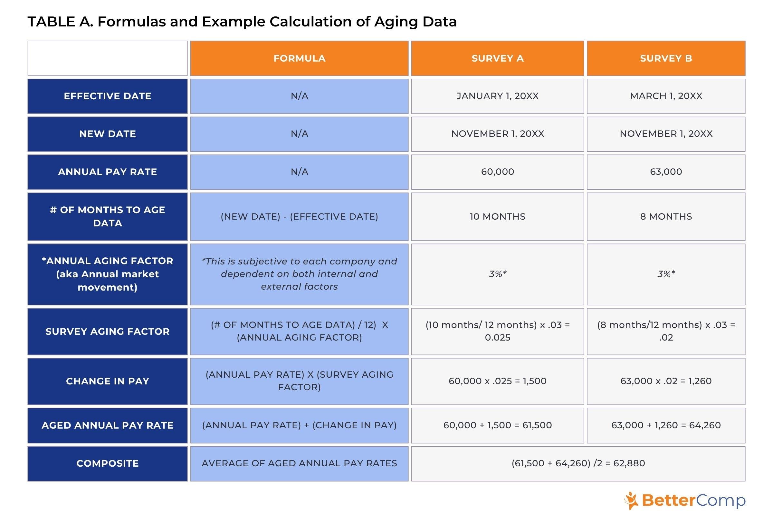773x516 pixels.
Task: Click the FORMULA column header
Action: [x=299, y=58]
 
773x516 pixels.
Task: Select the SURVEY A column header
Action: [x=497, y=58]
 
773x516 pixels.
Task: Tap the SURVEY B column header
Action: [x=666, y=58]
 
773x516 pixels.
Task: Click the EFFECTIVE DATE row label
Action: [x=108, y=96]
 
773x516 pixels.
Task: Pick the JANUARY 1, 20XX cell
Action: [x=497, y=96]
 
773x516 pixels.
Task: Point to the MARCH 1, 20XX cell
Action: [x=666, y=96]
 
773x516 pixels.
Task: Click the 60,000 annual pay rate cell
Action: [x=497, y=172]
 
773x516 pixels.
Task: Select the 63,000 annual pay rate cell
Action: [x=666, y=172]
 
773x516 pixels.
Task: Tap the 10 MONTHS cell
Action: [x=497, y=216]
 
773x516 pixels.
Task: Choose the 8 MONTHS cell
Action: [x=666, y=216]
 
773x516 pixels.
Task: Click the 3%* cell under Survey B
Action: [x=666, y=274]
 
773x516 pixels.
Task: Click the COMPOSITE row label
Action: [x=108, y=463]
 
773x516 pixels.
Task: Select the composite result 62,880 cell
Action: [x=578, y=463]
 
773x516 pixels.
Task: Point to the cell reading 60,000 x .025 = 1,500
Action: [x=497, y=381]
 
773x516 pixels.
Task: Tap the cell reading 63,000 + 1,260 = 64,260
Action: [x=666, y=425]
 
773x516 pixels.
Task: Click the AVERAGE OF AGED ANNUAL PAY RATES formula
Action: [x=299, y=463]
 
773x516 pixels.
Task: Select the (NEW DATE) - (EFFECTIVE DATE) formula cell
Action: [x=299, y=216]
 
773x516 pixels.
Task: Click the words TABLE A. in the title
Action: [x=61, y=22]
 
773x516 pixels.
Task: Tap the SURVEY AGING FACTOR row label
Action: [x=108, y=332]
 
